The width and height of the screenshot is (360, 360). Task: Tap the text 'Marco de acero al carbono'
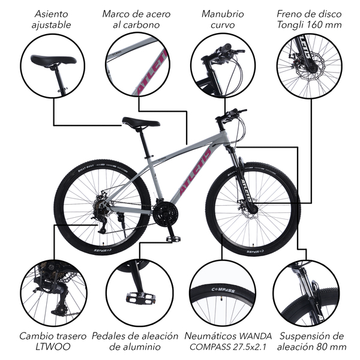136,19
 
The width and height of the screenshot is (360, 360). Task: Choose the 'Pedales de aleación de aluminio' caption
136,341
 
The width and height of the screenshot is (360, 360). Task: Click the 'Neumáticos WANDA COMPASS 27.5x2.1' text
228,341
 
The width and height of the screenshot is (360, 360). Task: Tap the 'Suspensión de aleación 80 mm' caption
311,341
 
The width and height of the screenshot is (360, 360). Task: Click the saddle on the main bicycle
140,122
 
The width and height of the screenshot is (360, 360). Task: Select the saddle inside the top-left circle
53,59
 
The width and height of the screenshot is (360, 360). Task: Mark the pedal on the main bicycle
174,239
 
